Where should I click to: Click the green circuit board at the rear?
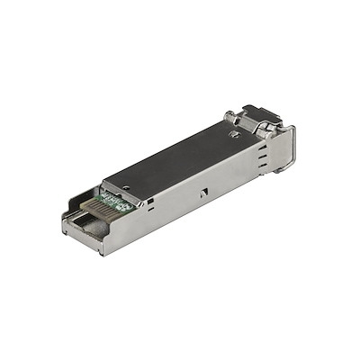(115, 202)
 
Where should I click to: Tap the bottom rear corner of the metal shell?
(101, 253)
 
